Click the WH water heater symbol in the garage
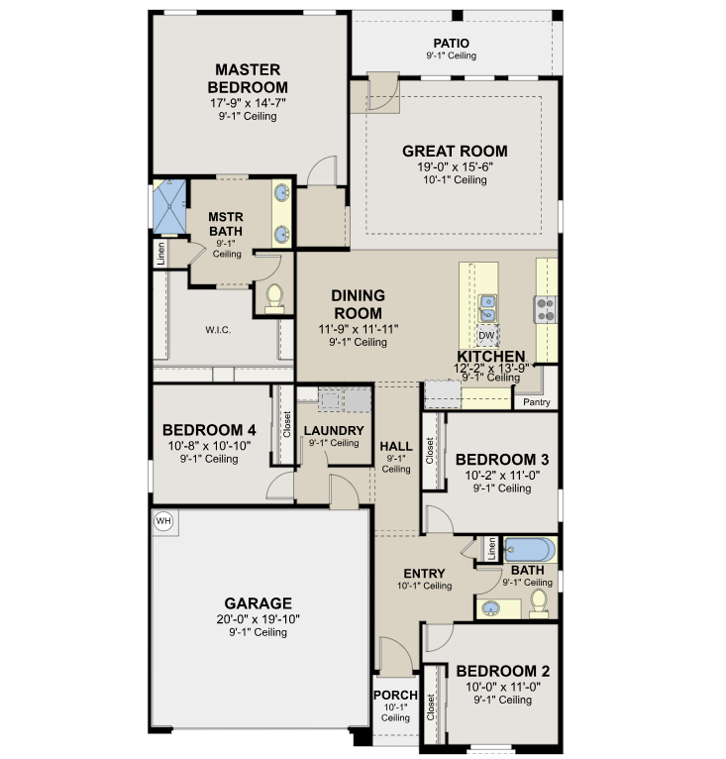[x=163, y=521]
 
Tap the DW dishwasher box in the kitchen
[x=486, y=336]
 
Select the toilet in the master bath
[x=274, y=298]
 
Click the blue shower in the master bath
[x=169, y=207]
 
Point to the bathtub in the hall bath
[x=530, y=550]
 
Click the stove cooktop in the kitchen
[x=545, y=310]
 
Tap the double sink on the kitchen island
[x=487, y=309]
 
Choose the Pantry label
[x=536, y=402]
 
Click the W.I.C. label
[x=218, y=330]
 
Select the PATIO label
[x=451, y=43]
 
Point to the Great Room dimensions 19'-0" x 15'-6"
[x=455, y=167]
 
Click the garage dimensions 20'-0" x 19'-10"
[x=258, y=619]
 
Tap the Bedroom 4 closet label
[x=287, y=424]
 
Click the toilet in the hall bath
[x=538, y=603]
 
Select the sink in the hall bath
[x=491, y=608]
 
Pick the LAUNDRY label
[x=334, y=430]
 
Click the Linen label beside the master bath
[x=161, y=253]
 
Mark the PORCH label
[x=395, y=696]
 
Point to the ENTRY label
[x=424, y=574]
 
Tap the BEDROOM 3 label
[x=502, y=460]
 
